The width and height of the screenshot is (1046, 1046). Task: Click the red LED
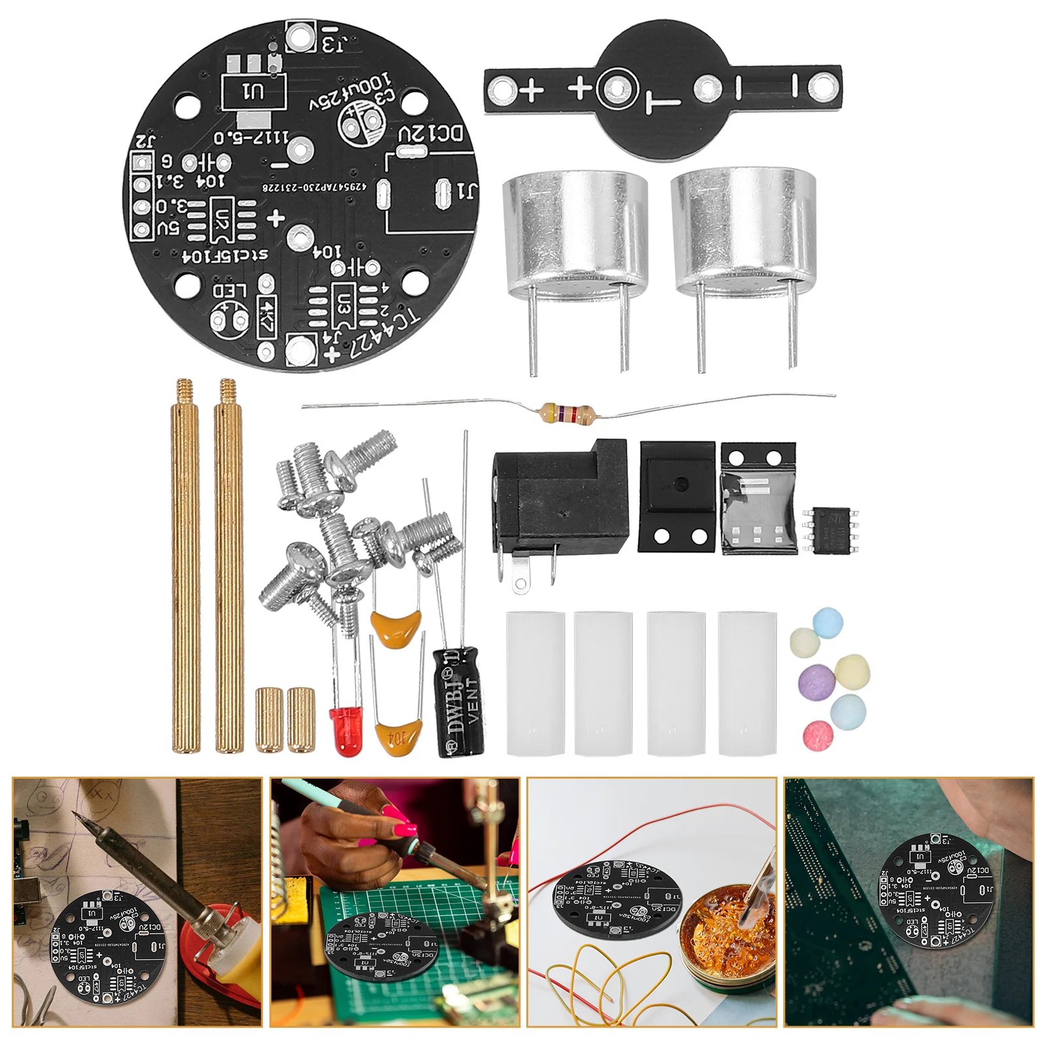345,730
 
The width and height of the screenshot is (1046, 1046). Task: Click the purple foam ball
817,681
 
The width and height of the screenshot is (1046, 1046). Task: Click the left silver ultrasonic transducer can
575,229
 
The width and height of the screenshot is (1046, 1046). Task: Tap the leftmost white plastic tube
535,683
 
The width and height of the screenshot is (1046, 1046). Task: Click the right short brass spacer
301,719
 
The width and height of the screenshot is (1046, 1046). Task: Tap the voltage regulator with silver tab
758,498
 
